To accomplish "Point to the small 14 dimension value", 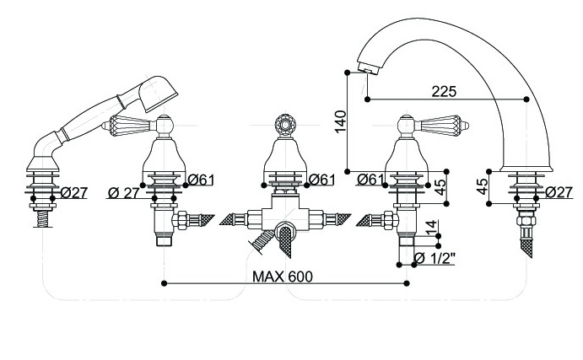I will coord(431,228).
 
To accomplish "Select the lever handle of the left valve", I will coord(127,126).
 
